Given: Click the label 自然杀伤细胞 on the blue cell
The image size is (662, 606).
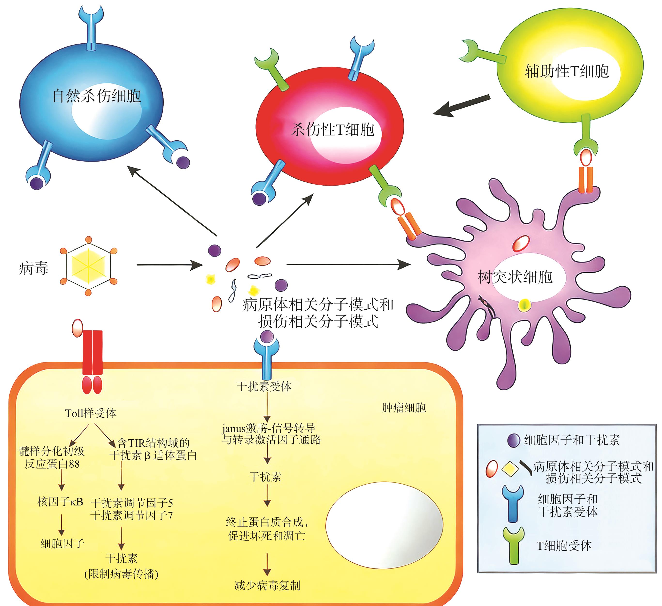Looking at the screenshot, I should tap(97, 96).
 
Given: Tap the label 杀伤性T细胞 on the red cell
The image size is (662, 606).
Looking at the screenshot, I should tap(332, 129).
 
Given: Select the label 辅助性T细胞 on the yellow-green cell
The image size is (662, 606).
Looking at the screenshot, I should tap(567, 71).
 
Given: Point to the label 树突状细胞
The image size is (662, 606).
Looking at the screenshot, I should tap(515, 277).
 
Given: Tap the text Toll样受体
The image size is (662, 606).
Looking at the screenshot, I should tap(91, 413).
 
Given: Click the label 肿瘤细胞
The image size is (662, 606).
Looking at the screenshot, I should tap(404, 408).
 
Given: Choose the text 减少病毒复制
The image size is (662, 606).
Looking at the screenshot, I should tap(267, 585).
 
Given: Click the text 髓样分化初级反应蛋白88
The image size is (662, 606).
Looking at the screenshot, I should tap(52, 457).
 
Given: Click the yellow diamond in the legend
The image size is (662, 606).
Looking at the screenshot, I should tap(510, 469).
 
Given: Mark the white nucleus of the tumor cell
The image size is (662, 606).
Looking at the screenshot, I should tap(384, 525).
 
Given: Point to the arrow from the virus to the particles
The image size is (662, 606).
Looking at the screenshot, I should tap(169, 265).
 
